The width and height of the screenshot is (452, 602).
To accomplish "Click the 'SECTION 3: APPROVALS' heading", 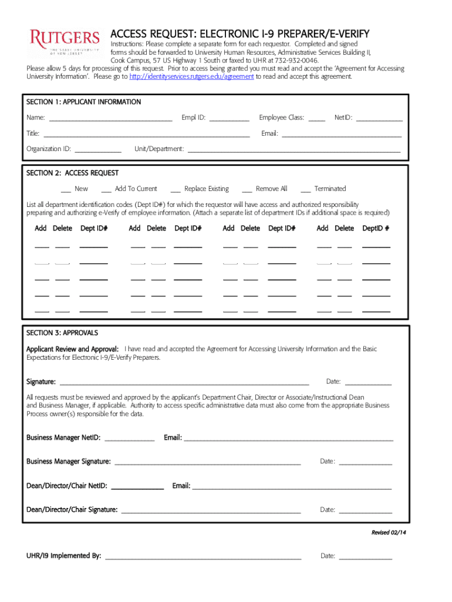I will point(62,333).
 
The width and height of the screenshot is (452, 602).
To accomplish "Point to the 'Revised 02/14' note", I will point(389,533).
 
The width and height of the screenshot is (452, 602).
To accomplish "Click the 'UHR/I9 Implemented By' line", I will point(203,557).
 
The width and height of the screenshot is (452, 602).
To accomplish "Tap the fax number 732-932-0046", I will point(296,61).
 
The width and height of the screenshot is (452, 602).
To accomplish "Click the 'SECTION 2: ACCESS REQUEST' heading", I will point(72,173).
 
